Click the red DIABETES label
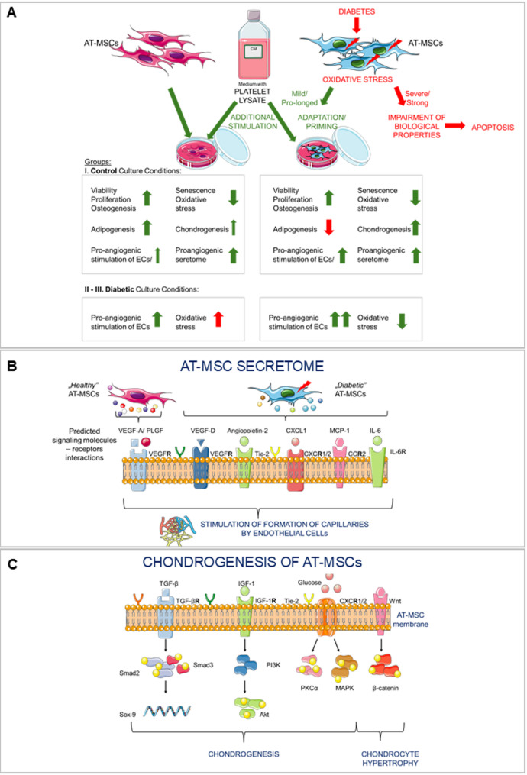tap(357, 11)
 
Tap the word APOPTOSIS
tap(493, 127)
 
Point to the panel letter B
tap(12, 367)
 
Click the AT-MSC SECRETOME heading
tap(252, 366)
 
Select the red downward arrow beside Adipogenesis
tap(328, 228)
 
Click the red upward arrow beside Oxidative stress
tap(218, 320)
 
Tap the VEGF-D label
tap(202, 431)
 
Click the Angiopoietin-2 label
tap(247, 431)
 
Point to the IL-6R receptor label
tap(398, 451)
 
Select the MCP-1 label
tap(340, 431)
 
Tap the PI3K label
tap(273, 665)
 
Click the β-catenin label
tap(385, 687)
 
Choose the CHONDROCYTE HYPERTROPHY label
tap(390, 758)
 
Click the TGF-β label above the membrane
tap(169, 583)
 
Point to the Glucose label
tap(309, 583)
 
